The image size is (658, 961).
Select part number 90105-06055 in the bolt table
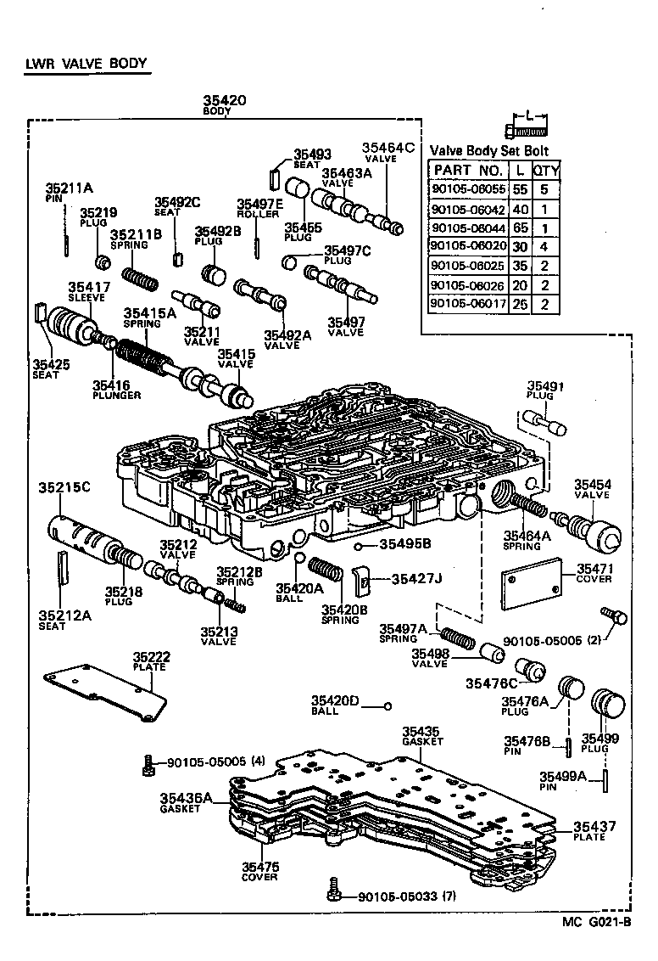coord(468,190)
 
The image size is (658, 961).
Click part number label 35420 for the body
coord(224,100)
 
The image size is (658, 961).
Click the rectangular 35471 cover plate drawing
coord(533,583)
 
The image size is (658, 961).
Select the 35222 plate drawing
coord(105,695)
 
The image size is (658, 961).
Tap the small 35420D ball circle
coord(388,705)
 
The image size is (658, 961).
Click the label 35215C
coord(64,487)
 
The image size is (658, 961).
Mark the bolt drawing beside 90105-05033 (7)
coord(335,891)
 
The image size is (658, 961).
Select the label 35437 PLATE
coord(594,830)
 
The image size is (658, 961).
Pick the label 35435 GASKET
coord(421,735)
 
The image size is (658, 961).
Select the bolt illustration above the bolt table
coord(527,130)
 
